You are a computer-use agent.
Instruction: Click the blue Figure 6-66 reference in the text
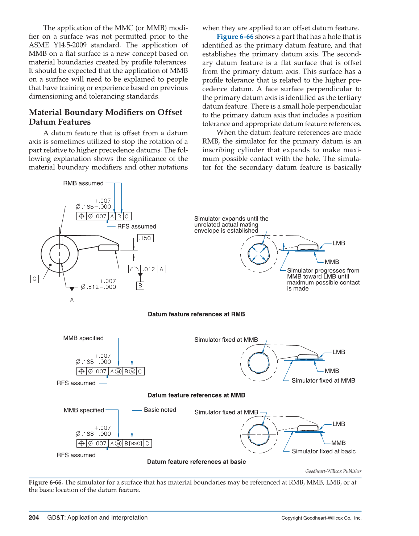[x=235, y=37]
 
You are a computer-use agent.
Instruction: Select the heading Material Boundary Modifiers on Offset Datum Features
[x=105, y=117]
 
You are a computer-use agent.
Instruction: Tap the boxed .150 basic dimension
[x=145, y=238]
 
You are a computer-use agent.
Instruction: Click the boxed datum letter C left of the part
[x=34, y=279]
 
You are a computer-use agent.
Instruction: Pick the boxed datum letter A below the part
[x=72, y=300]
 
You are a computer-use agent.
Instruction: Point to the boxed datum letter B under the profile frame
[x=140, y=286]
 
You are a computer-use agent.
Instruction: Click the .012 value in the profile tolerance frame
[x=149, y=269]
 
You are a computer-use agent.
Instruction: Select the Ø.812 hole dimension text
[x=98, y=287]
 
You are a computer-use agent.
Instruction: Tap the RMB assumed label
[x=83, y=183]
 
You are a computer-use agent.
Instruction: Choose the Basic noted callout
[x=160, y=410]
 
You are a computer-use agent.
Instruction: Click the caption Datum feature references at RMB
[x=196, y=314]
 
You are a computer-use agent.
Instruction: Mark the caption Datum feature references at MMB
[x=196, y=395]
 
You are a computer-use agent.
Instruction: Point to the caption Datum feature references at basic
[x=196, y=462]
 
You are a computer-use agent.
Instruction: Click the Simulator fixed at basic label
[x=323, y=451]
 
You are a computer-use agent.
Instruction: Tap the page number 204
[x=34, y=518]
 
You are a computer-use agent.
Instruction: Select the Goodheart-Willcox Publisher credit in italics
[x=333, y=471]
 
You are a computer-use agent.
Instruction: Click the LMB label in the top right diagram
[x=339, y=243]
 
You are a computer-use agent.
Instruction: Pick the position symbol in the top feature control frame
[x=82, y=216]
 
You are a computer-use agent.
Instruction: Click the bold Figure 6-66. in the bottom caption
[x=46, y=482]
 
